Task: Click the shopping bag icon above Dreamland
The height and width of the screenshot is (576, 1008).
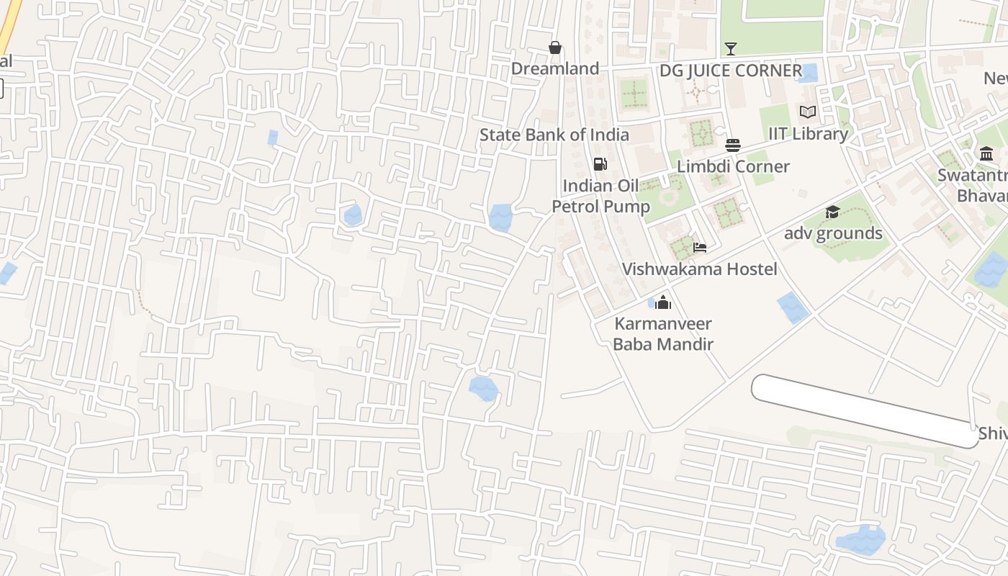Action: pos(555,48)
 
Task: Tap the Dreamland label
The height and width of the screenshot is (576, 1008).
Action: pos(555,68)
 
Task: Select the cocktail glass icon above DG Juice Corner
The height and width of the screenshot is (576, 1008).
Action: pos(731,49)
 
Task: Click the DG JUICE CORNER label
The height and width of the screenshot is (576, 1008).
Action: pos(731,71)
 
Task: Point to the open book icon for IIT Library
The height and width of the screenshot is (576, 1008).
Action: pos(808,112)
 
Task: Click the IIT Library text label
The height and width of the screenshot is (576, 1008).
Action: pos(808,134)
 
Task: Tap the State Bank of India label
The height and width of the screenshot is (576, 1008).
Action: pos(554,135)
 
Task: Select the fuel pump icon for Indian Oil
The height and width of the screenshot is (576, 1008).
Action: pos(600,165)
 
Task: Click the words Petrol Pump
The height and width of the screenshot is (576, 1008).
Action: pos(600,207)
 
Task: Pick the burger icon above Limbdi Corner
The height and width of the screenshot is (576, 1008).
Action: pos(733,145)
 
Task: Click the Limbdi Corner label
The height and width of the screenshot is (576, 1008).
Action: pos(733,166)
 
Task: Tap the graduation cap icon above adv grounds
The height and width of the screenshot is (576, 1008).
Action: pos(832,212)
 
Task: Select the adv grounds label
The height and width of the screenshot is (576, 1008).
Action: pos(832,233)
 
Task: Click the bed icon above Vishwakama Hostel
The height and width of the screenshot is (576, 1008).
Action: pos(699,248)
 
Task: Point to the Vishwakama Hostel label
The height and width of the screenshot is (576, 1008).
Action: pos(699,269)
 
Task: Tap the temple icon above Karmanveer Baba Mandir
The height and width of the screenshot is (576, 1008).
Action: pos(663,302)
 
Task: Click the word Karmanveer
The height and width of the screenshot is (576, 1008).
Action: pos(662,324)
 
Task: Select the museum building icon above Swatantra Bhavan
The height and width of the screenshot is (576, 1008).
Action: pos(986,153)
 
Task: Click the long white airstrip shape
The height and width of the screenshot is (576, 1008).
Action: pos(864,410)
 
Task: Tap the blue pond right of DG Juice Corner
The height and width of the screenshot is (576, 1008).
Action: pos(809,73)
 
